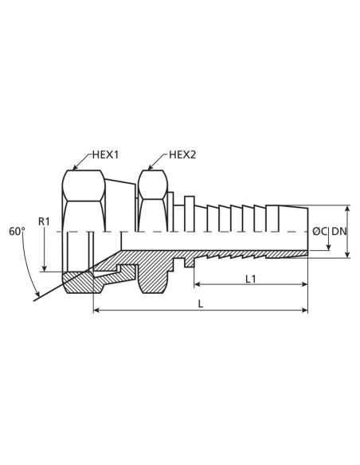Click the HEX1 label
(104, 155)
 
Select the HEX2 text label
(182, 155)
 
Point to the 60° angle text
(18, 231)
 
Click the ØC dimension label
(319, 231)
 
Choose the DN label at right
(339, 231)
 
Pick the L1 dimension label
(250, 278)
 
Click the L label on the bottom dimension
(199, 303)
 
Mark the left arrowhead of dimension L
(97, 310)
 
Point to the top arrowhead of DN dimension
(347, 209)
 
